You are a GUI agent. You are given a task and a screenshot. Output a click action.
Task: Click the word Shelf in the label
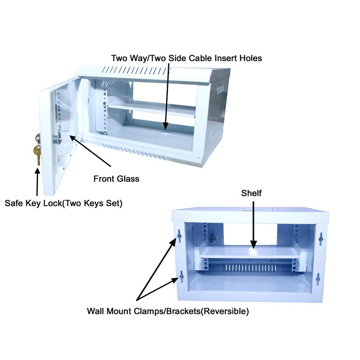(251, 193)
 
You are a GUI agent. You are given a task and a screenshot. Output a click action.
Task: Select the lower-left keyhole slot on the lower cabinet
(181, 276)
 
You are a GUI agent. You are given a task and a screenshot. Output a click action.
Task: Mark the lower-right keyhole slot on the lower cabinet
(318, 279)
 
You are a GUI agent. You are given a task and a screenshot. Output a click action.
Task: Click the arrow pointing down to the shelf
(253, 223)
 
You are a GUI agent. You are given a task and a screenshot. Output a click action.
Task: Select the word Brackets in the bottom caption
(182, 311)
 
